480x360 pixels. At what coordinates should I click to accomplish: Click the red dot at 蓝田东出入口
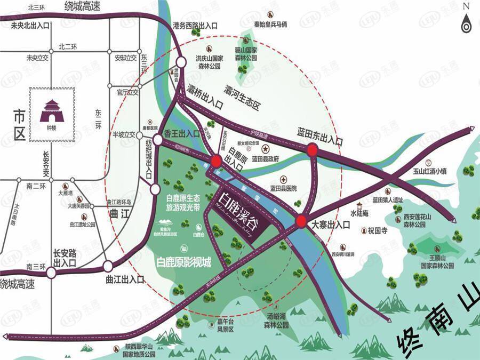coord(313,151)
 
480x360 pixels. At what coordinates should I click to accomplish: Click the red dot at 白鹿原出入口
coord(216,161)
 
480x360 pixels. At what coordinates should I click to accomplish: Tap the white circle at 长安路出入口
coord(51,273)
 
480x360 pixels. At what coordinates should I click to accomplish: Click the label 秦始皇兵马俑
coord(270,25)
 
